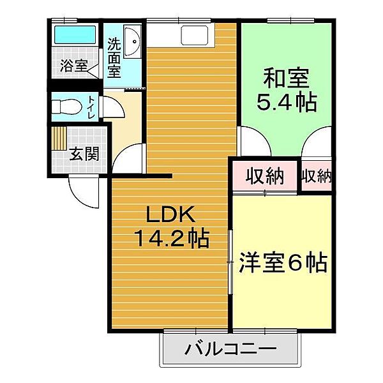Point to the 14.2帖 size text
[170, 239]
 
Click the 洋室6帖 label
[283, 262]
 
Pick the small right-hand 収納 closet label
[317, 177]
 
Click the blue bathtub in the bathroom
[75, 34]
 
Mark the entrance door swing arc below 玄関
[83, 190]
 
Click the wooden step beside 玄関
[59, 138]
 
